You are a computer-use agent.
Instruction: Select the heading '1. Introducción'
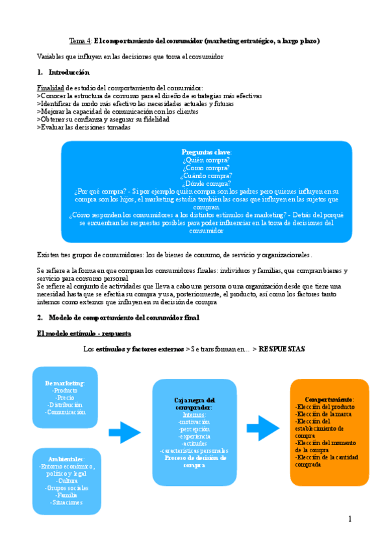(64, 72)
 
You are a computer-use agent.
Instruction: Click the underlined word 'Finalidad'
(51, 88)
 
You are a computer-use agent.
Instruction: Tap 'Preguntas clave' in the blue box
(207, 151)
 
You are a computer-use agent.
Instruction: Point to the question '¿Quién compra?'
(207, 159)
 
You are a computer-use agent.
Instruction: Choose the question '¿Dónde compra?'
(207, 183)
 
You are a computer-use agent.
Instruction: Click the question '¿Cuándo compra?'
(207, 175)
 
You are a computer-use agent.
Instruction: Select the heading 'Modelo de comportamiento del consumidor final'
(123, 317)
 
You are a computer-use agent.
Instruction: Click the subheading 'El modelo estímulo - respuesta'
(84, 333)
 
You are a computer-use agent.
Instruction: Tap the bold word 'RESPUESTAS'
(282, 349)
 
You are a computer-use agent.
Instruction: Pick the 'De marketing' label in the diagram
(65, 383)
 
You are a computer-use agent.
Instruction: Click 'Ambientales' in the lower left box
(65, 459)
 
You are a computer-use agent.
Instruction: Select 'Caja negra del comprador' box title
(194, 404)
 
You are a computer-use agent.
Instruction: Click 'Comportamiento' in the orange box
(329, 398)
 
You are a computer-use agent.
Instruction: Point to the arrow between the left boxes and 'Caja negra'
(124, 431)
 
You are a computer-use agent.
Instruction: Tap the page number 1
(349, 519)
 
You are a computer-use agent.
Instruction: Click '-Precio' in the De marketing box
(65, 398)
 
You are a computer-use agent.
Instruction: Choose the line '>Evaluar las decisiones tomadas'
(84, 128)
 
